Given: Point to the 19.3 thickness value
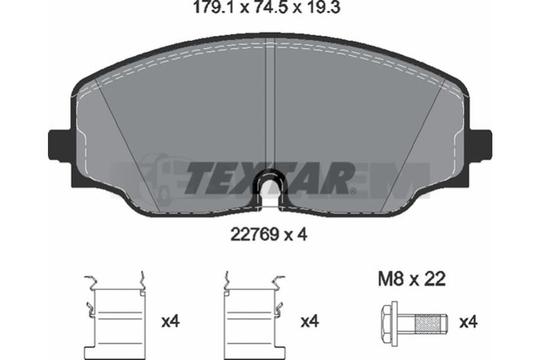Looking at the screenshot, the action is point(323,7).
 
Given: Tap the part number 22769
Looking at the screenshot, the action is point(255,235).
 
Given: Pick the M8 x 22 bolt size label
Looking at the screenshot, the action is point(412,279).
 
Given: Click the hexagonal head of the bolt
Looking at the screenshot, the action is point(390,322).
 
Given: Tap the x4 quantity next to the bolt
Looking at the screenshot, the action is point(467,322).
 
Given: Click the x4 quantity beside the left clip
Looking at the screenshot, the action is point(171,321).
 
